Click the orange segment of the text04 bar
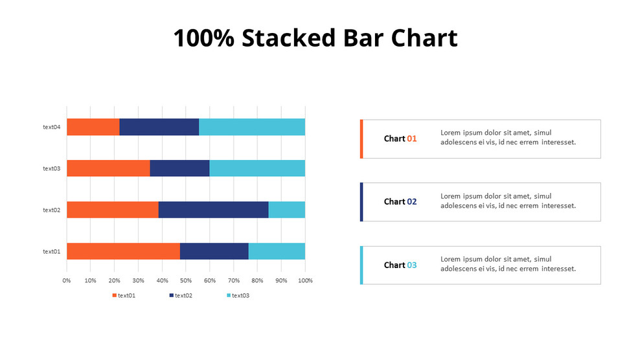(x=93, y=127)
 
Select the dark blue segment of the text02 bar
(x=213, y=210)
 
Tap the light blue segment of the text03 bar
(x=257, y=168)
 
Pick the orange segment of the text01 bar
(x=123, y=251)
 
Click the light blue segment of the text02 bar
(x=286, y=210)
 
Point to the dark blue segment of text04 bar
(x=159, y=127)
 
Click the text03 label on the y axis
(x=52, y=168)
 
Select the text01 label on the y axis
(x=52, y=251)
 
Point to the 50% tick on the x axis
(x=186, y=280)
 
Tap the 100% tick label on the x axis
(x=305, y=280)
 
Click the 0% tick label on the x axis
(x=67, y=280)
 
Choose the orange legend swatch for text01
(x=115, y=296)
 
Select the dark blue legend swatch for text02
(x=172, y=296)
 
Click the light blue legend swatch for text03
(x=229, y=296)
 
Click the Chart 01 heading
(x=400, y=139)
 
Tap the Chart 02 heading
(x=400, y=201)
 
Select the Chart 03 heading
(x=400, y=265)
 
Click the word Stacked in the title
(x=289, y=38)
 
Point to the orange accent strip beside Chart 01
(x=361, y=139)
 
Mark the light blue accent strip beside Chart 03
(x=361, y=265)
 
